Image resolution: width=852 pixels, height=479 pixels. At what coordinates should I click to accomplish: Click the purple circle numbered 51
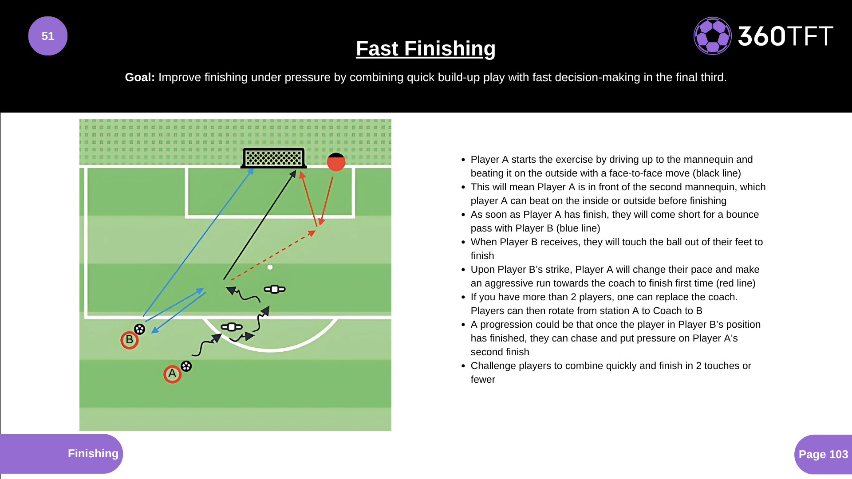pos(48,36)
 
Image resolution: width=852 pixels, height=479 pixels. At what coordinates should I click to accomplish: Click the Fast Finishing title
pos(426,48)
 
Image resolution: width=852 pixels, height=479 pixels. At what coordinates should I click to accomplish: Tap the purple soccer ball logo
pos(712,36)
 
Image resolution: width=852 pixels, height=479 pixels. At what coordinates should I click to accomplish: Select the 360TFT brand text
pos(785,36)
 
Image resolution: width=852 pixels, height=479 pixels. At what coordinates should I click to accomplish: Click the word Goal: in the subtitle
pos(140,77)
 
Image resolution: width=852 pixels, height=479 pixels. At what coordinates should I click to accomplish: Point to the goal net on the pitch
pos(274,158)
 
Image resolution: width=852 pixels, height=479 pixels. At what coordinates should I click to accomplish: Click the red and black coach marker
pos(336,162)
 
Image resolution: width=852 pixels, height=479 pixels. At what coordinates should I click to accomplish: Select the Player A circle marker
pos(172,374)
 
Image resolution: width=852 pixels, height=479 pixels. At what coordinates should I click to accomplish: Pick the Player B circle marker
pos(130,340)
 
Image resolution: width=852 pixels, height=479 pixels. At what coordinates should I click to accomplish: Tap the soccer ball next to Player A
pos(186,366)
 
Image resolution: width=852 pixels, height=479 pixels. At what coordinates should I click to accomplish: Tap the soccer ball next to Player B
pos(140,329)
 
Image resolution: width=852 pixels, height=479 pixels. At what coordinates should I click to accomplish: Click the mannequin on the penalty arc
pos(232,327)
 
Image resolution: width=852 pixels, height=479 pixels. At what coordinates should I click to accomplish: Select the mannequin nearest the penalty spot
pos(275,289)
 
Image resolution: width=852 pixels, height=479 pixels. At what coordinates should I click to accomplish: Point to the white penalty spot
pos(270,267)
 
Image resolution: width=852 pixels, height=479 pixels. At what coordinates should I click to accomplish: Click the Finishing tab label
pos(93,453)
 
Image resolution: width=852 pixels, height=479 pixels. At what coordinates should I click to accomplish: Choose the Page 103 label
pos(823,454)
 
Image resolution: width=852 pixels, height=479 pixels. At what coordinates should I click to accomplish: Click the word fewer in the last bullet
pos(483,379)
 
